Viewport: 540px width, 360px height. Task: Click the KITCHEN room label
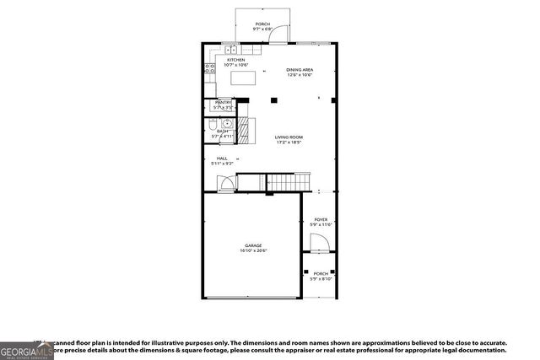(x=236, y=60)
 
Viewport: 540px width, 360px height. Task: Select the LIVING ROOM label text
(x=289, y=137)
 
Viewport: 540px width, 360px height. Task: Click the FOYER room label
(x=321, y=218)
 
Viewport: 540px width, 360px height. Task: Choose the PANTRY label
(x=223, y=103)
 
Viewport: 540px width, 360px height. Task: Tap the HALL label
(x=222, y=158)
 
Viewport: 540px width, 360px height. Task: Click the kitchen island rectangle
(x=244, y=79)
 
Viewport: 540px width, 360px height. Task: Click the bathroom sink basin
(x=225, y=124)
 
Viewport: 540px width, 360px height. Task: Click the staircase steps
(x=283, y=181)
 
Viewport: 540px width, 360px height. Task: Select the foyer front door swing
(x=318, y=244)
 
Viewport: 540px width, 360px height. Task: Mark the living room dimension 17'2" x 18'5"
(x=289, y=142)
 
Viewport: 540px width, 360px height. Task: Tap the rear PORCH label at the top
(x=262, y=24)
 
